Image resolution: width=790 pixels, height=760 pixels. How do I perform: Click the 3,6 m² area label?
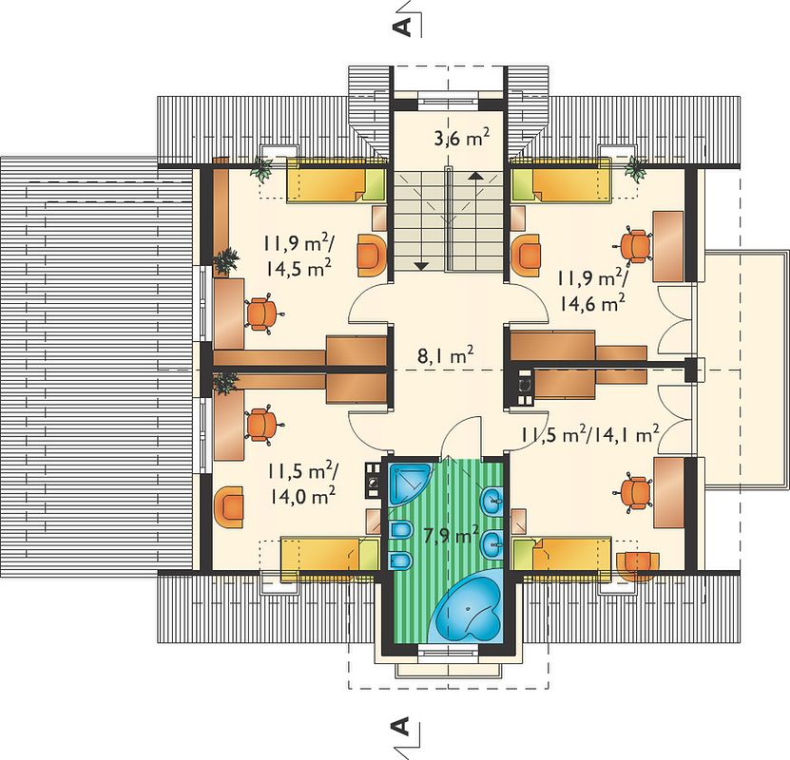tap(461, 138)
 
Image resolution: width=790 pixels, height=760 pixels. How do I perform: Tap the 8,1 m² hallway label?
tap(445, 356)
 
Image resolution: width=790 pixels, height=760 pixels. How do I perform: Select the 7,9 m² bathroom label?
tap(451, 536)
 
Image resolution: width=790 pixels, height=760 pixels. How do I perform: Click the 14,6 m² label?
tap(592, 303)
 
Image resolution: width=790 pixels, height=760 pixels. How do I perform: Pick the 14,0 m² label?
tap(301, 497)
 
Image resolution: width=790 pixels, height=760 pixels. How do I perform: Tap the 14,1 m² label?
tap(626, 434)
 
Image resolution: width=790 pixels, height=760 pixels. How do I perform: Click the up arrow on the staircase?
tap(473, 176)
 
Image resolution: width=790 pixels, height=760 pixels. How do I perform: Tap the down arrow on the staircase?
tap(421, 266)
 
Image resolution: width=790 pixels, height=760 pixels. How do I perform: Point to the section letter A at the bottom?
tap(401, 727)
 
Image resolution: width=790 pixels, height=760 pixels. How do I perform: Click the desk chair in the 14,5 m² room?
tap(263, 314)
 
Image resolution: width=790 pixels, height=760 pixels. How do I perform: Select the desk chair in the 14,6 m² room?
tap(634, 246)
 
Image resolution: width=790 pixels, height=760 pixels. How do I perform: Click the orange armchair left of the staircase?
tap(372, 256)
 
